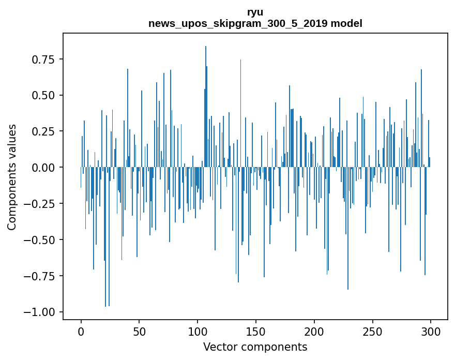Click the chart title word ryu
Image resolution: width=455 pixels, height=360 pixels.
pyautogui.click(x=255, y=12)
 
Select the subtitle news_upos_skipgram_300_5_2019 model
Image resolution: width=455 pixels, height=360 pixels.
pyautogui.click(x=255, y=24)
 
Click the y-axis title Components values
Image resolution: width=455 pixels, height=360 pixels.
pyautogui.click(x=12, y=177)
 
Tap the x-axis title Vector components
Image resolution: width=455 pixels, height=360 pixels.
pyautogui.click(x=255, y=347)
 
